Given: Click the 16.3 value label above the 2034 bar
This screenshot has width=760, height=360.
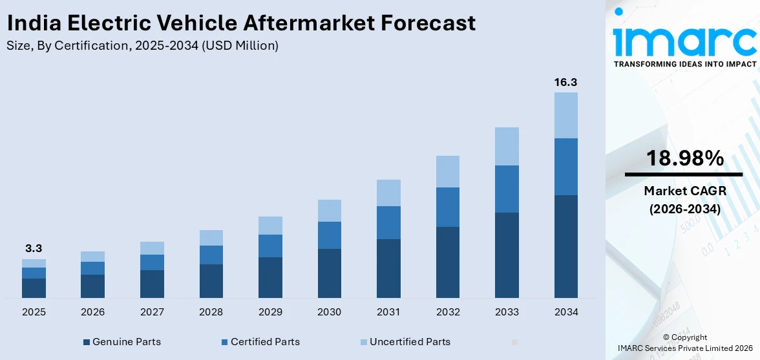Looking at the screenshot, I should (x=565, y=82).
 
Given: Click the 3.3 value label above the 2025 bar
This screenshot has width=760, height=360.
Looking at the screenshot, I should (x=34, y=249).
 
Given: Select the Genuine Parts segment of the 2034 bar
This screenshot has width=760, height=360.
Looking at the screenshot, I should (x=565, y=246).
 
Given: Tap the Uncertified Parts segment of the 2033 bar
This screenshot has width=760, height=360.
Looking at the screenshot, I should (x=507, y=146).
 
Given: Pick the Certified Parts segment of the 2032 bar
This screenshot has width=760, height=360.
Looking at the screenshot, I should (x=447, y=207).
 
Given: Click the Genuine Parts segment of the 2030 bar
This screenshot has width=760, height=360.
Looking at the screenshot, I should (x=329, y=273).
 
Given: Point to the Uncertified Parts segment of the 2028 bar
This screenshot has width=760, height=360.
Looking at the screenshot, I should (x=211, y=238).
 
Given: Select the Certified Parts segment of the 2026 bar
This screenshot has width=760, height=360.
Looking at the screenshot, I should (x=92, y=268).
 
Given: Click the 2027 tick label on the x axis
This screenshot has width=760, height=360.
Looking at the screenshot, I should (x=152, y=312).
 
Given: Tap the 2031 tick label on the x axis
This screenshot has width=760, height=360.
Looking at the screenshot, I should (x=388, y=312).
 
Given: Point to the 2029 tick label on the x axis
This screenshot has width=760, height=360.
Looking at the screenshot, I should (x=270, y=312).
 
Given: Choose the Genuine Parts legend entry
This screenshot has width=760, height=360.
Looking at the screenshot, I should (x=122, y=341).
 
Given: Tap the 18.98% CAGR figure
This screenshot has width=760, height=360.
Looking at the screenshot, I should (x=684, y=158).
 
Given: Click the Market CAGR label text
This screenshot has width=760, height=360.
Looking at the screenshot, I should (x=684, y=191).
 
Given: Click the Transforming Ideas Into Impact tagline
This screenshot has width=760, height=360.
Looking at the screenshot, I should (x=684, y=64).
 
